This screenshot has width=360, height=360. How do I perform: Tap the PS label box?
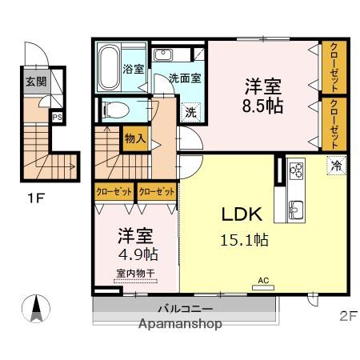[56, 118]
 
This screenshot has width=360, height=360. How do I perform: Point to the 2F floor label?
[347, 315]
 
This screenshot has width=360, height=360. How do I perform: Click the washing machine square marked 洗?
[190, 113]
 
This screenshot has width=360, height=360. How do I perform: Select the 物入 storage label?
[134, 138]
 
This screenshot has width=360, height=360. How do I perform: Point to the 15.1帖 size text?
[244, 239]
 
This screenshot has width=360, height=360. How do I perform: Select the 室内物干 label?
[134, 274]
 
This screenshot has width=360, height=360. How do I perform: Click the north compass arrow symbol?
[38, 307]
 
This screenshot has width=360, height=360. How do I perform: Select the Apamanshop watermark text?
[180, 325]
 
